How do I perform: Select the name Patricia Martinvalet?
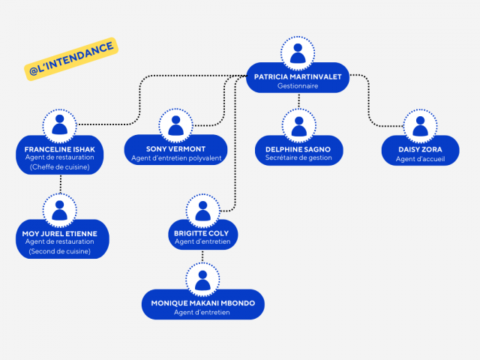[298, 76]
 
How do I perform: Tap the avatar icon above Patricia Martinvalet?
[298, 53]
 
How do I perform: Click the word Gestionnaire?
[298, 86]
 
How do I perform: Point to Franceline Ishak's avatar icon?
[60, 125]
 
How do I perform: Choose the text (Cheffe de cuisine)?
[60, 167]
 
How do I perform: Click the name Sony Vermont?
[175, 148]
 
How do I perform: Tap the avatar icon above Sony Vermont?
[175, 125]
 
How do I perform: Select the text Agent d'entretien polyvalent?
[175, 158]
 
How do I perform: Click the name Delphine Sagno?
[298, 148]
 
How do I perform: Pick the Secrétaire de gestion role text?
[298, 158]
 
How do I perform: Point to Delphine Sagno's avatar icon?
[298, 125]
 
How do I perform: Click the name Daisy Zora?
[420, 149]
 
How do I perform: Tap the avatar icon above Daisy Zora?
[420, 125]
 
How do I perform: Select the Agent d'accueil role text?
[420, 159]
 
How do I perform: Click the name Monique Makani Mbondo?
[202, 303]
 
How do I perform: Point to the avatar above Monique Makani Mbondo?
[202, 280]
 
